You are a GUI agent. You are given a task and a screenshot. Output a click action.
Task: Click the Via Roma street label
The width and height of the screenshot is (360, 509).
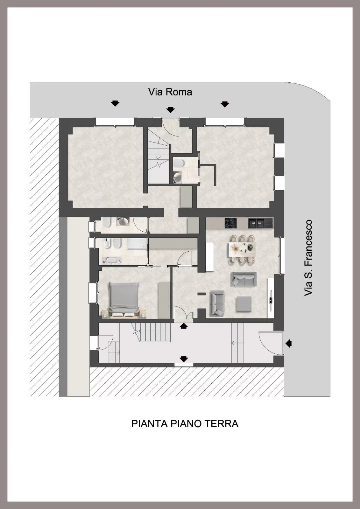[170, 92]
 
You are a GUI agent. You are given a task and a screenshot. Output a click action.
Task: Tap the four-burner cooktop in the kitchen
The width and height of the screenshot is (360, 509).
[230, 223]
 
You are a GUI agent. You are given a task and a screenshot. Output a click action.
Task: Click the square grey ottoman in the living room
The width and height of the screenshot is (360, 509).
[244, 304]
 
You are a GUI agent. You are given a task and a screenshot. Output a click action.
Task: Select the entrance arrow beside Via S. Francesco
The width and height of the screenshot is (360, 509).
[288, 343]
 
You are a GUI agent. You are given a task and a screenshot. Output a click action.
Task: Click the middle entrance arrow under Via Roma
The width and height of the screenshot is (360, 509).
[170, 110]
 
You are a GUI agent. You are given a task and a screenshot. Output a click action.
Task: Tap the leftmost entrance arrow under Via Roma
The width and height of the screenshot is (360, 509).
[115, 103]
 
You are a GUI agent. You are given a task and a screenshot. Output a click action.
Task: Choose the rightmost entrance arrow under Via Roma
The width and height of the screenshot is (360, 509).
[225, 104]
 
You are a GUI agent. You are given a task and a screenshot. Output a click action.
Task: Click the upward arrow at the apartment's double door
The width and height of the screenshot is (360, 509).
[184, 326]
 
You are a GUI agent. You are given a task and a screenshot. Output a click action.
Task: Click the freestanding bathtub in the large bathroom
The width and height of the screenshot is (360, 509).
[112, 261]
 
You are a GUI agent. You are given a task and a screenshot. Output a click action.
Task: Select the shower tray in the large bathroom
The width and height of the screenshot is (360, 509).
[137, 243]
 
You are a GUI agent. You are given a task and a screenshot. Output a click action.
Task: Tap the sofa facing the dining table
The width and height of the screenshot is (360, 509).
[244, 279]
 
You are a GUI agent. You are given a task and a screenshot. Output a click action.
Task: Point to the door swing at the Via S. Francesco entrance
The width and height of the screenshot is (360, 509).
[264, 343]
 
